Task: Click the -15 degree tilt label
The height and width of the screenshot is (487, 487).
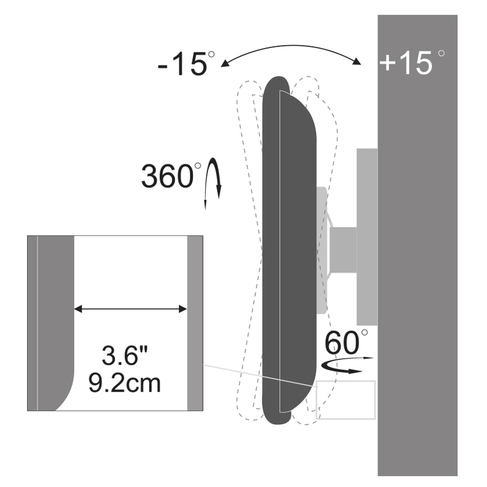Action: tap(186, 64)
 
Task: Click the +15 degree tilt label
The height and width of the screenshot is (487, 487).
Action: tap(412, 62)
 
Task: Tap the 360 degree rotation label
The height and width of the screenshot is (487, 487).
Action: tap(171, 175)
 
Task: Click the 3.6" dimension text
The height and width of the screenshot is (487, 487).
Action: tap(125, 356)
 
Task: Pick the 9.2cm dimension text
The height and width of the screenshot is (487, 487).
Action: tap(124, 383)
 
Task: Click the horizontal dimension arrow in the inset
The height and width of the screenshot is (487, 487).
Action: tap(130, 309)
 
